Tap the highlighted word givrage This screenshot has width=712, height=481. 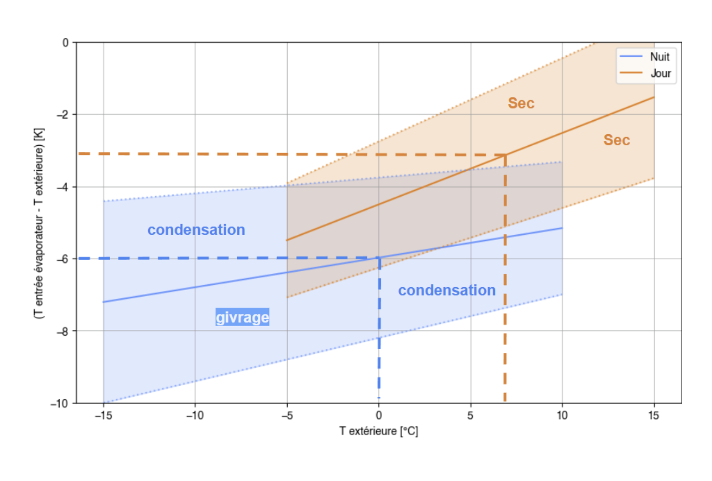[x=242, y=317]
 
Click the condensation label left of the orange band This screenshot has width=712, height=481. [x=196, y=230]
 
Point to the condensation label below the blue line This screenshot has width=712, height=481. [x=446, y=291]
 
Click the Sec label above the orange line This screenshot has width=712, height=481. [x=521, y=103]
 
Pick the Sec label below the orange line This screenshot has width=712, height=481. [x=616, y=140]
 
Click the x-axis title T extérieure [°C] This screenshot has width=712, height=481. [x=379, y=431]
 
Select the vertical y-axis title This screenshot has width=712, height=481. [x=39, y=223]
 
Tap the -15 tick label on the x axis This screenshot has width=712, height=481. [x=103, y=416]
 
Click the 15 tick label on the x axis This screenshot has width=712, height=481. [x=653, y=416]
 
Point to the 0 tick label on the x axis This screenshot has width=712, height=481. [x=379, y=416]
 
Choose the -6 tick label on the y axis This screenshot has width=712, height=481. [x=63, y=259]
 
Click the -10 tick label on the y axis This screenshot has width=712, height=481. [x=60, y=404]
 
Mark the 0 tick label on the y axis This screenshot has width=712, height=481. [x=65, y=43]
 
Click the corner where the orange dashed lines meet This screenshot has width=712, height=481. [x=505, y=155]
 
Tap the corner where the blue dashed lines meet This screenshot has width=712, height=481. [x=379, y=258]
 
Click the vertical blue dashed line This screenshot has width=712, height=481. [x=379, y=337]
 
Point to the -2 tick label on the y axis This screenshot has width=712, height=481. [x=63, y=114]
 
